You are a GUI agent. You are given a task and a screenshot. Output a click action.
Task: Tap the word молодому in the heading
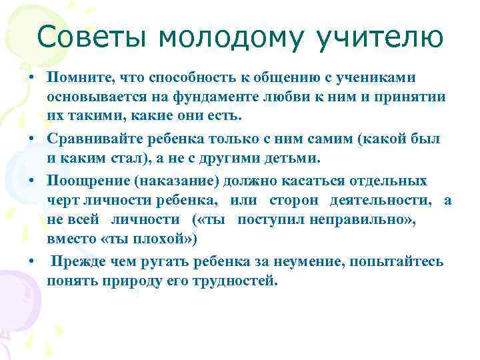(227, 37)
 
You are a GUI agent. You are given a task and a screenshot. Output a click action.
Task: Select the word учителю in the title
(376, 37)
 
